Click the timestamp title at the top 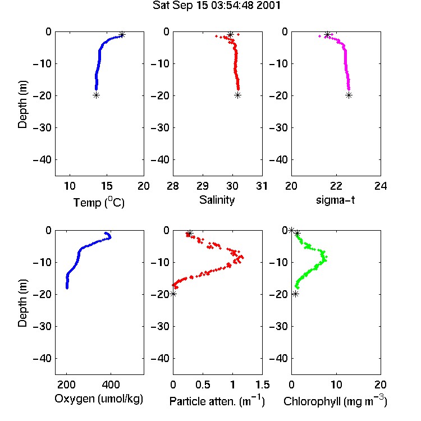click(x=217, y=5)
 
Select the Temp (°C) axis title click(x=99, y=203)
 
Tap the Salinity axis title click(x=217, y=200)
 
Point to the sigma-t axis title click(x=335, y=200)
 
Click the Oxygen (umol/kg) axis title click(x=99, y=399)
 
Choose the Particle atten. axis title click(x=217, y=401)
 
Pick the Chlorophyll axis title click(x=335, y=401)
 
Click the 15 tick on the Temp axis click(x=107, y=186)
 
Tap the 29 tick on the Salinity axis click(x=203, y=186)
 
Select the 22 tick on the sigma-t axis click(x=336, y=186)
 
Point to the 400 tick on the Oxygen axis click(x=111, y=385)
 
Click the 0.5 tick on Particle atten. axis click(x=203, y=385)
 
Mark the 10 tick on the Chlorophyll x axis click(x=336, y=385)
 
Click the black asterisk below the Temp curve click(x=96, y=95)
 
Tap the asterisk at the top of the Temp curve click(x=122, y=34)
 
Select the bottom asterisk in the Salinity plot click(x=237, y=95)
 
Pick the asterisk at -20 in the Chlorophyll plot click(x=295, y=294)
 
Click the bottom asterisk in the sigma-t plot click(x=349, y=95)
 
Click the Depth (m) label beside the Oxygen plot click(x=22, y=303)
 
